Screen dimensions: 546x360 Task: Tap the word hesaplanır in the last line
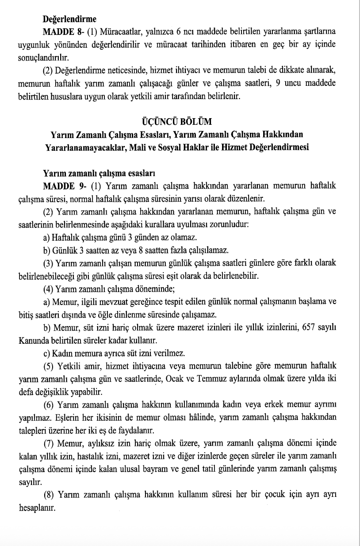(36, 508)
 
